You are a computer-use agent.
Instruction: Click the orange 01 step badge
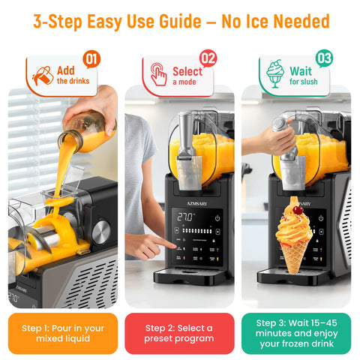pyautogui.click(x=91, y=58)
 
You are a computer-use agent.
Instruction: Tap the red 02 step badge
pyautogui.click(x=208, y=58)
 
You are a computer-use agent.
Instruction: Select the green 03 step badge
pyautogui.click(x=325, y=58)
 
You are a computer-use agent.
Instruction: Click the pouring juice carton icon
pyautogui.click(x=43, y=75)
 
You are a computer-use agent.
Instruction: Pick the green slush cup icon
pyautogui.click(x=275, y=74)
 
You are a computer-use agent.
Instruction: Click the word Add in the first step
pyautogui.click(x=66, y=70)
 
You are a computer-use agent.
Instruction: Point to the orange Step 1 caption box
pyautogui.click(x=63, y=333)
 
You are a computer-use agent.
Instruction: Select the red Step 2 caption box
pyautogui.click(x=179, y=333)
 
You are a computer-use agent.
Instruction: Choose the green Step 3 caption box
pyautogui.click(x=295, y=333)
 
